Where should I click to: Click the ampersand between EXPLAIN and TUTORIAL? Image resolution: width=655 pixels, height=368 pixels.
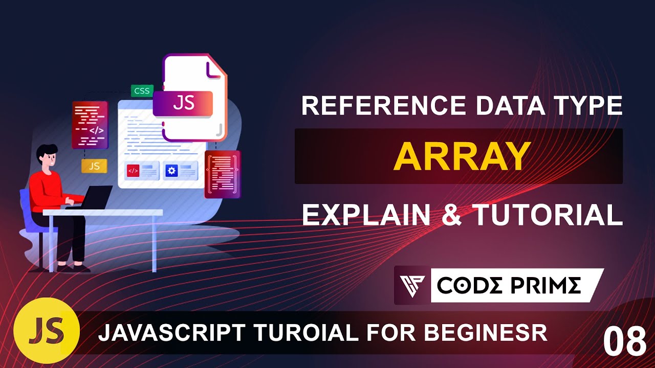[x=452, y=215]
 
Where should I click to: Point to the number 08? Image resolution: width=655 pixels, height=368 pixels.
[x=624, y=341]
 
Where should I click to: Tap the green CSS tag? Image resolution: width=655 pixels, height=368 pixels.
[x=141, y=91]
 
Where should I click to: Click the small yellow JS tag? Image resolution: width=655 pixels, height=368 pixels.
[x=94, y=166]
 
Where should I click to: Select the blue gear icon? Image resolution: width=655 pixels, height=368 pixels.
[x=172, y=171]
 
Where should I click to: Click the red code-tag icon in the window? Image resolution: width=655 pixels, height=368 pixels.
[x=133, y=171]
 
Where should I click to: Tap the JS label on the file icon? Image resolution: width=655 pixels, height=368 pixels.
[x=183, y=103]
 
